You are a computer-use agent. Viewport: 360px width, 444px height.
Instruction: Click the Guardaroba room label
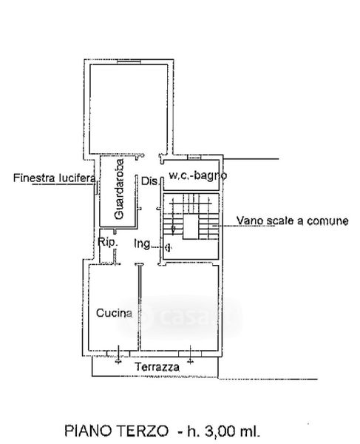click(120, 189)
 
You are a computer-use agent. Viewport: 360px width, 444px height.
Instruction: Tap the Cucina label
click(115, 313)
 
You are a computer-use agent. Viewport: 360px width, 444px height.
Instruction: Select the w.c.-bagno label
click(197, 175)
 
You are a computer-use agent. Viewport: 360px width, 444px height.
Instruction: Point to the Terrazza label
click(157, 367)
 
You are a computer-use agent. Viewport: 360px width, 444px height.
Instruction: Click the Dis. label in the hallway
click(149, 181)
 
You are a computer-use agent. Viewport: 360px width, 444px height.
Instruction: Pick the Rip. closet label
click(108, 242)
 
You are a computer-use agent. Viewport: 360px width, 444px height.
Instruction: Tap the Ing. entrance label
click(142, 243)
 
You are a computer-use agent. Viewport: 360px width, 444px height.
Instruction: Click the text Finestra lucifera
click(54, 178)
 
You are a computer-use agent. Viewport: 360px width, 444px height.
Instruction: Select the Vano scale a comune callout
click(293, 221)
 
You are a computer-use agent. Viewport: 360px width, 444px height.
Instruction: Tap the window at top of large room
click(129, 61)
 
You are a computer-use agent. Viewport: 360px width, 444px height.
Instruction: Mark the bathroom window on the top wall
click(194, 157)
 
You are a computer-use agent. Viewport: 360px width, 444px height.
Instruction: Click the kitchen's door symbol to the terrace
click(118, 354)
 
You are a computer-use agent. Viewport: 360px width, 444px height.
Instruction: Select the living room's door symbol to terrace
click(190, 354)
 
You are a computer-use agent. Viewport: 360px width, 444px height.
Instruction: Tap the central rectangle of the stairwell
click(191, 227)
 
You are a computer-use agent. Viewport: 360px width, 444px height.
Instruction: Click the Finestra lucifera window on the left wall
click(96, 187)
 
